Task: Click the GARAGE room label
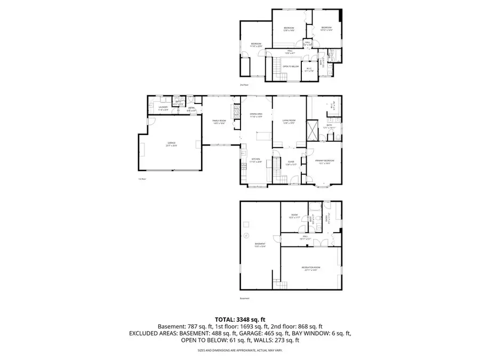(x=171, y=144)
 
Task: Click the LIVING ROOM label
(x=290, y=122)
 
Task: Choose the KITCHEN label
(x=256, y=160)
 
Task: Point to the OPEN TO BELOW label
(x=290, y=67)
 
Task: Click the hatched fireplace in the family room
(x=233, y=111)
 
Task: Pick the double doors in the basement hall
(x=321, y=244)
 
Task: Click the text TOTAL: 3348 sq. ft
(x=239, y=319)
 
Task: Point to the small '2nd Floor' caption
(x=245, y=85)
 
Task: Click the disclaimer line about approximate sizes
(x=239, y=350)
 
